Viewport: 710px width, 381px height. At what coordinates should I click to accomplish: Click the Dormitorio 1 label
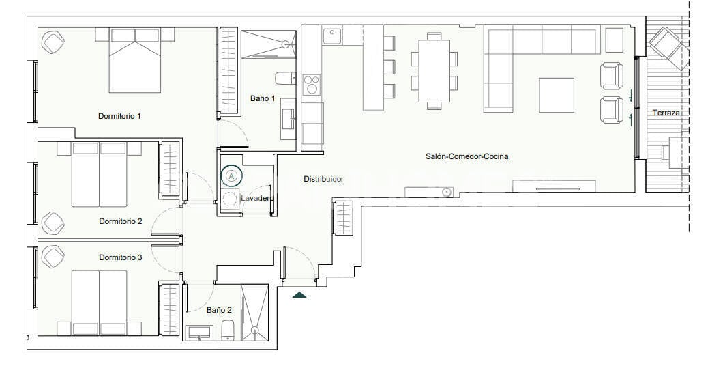pyautogui.click(x=119, y=116)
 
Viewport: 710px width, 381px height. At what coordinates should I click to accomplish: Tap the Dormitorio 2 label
pyautogui.click(x=120, y=221)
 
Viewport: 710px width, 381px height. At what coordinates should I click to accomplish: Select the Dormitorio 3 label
pyautogui.click(x=120, y=257)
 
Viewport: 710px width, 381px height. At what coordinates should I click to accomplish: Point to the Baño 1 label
pyautogui.click(x=263, y=99)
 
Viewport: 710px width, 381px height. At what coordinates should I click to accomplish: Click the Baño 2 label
pyautogui.click(x=219, y=310)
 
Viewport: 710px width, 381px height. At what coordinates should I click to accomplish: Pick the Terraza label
pyautogui.click(x=666, y=113)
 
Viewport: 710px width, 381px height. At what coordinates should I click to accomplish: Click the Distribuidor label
pyautogui.click(x=323, y=180)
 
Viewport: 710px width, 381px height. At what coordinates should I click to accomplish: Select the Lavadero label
pyautogui.click(x=257, y=199)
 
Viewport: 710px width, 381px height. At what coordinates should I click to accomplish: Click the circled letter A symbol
pyautogui.click(x=232, y=176)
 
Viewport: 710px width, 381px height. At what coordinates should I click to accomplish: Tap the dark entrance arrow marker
pyautogui.click(x=299, y=294)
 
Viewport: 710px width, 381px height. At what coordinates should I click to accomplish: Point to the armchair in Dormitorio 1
pyautogui.click(x=53, y=42)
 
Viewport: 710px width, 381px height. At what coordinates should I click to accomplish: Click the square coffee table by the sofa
pyautogui.click(x=557, y=95)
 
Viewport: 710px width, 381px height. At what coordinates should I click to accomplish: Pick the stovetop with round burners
pyautogui.click(x=312, y=83)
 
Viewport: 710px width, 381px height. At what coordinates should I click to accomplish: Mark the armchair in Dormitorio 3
pyautogui.click(x=52, y=257)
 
